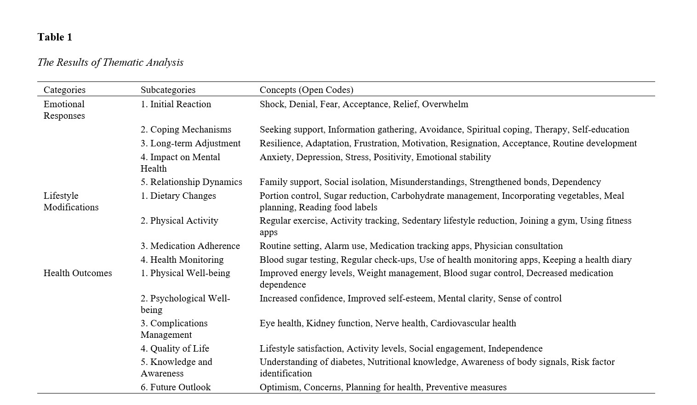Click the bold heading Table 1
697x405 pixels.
pos(55,37)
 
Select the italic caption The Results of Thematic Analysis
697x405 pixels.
pos(110,63)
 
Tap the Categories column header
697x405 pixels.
pos(64,90)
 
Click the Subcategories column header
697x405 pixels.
pos(168,90)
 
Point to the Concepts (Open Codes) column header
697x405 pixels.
pos(306,90)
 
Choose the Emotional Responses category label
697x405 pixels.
pos(64,110)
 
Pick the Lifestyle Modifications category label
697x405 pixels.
pos(71,202)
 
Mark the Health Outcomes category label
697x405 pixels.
pos(78,273)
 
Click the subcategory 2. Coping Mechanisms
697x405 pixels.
pos(186,130)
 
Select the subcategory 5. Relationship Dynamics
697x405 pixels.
pos(191,182)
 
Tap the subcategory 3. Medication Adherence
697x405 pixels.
pos(190,246)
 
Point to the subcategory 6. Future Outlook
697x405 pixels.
pos(176,388)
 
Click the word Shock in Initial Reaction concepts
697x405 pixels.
pos(272,104)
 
